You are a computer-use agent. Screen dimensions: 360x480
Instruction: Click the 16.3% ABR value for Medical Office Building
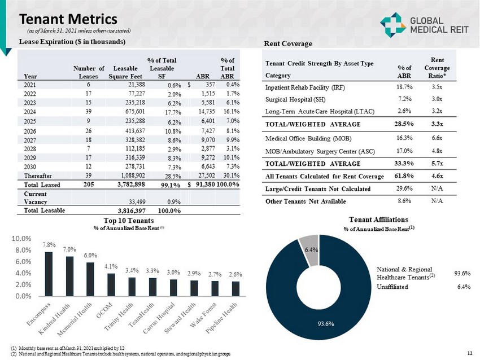pyautogui.click(x=402, y=137)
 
